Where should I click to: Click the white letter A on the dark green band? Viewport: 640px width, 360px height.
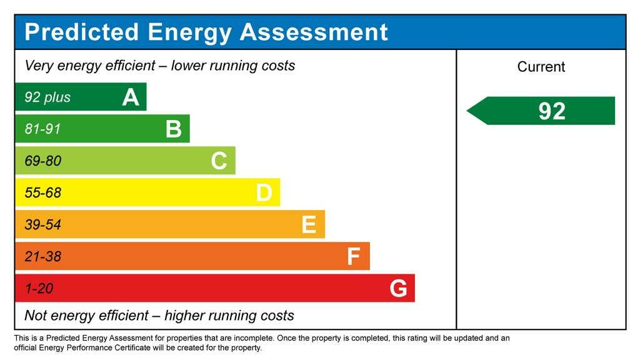click(x=131, y=97)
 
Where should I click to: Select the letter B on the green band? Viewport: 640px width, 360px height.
click(x=174, y=129)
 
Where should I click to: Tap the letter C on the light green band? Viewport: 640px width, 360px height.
click(x=219, y=161)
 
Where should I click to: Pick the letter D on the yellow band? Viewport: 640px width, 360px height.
click(x=264, y=193)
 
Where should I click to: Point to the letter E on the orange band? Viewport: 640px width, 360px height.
click(x=309, y=225)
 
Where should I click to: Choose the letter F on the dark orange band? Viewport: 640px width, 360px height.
click(x=354, y=257)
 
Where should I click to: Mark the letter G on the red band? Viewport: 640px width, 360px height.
click(x=398, y=289)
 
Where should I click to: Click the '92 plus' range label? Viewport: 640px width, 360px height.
click(x=47, y=97)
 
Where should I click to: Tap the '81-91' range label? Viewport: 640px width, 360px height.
click(x=42, y=129)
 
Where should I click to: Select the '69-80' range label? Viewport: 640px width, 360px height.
click(x=42, y=161)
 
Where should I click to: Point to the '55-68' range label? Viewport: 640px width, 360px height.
click(x=42, y=193)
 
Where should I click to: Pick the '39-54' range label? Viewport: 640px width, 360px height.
click(x=42, y=225)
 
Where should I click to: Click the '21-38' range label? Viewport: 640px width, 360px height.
click(x=42, y=257)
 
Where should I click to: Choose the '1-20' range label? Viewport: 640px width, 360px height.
click(x=39, y=289)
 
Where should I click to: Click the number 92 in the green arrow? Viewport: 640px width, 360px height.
click(x=552, y=111)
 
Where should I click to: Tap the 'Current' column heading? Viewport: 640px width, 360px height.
click(x=541, y=67)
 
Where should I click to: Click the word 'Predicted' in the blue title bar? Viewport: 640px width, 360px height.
click(x=81, y=32)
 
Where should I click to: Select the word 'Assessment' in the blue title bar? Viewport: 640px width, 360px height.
click(x=314, y=32)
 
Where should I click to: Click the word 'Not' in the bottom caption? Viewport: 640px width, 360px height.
click(x=36, y=315)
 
